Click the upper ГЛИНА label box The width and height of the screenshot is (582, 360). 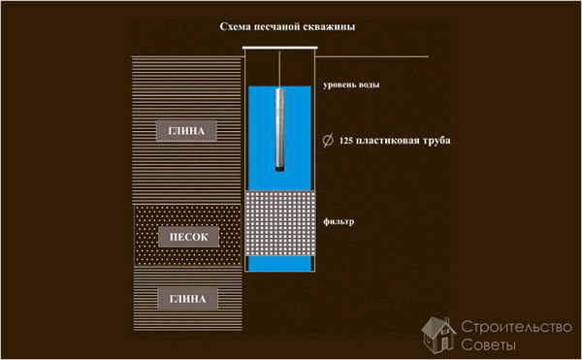coord(188,130)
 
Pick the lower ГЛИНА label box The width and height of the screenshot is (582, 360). coord(188,299)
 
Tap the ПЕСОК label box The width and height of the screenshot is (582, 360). coord(188,237)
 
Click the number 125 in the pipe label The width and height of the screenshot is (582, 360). coord(350,141)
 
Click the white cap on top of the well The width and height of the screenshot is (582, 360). coord(280,49)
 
